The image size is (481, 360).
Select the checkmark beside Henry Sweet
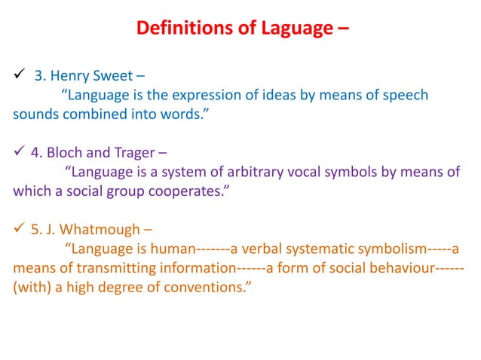(18, 75)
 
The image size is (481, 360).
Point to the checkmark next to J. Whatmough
(18, 228)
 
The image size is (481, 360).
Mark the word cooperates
(189, 191)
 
